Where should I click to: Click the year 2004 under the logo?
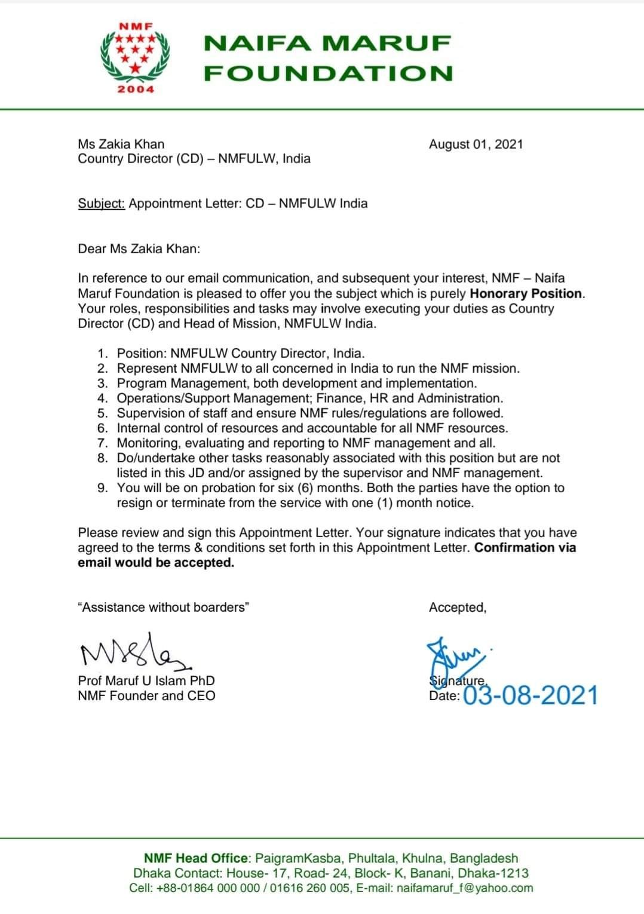[x=136, y=90]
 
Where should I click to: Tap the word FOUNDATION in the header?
[x=328, y=73]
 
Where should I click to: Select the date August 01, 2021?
[x=476, y=144]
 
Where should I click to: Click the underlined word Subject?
[x=101, y=203]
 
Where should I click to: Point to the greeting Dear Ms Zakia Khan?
[x=139, y=249]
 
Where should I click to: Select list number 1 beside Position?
[x=103, y=353]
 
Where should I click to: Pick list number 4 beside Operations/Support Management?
[x=103, y=398]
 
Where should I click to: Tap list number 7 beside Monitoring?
[x=103, y=443]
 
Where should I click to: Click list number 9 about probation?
[x=103, y=487]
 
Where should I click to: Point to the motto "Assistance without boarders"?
[x=163, y=607]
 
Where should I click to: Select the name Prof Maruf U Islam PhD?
[x=146, y=680]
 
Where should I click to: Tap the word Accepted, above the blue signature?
[x=458, y=607]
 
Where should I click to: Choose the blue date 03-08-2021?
[x=530, y=695]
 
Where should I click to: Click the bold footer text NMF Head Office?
[x=195, y=858]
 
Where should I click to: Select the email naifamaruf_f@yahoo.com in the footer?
[x=464, y=888]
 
